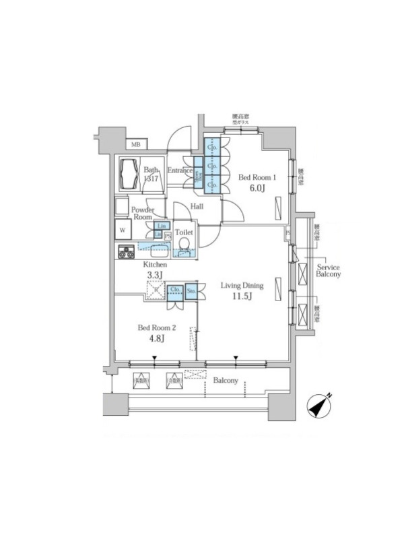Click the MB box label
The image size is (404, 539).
click(135, 144)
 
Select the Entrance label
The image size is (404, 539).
click(180, 171)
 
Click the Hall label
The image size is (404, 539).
click(197, 206)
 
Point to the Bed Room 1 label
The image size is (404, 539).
click(258, 178)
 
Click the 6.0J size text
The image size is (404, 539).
click(258, 189)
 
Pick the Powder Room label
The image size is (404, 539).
click(142, 214)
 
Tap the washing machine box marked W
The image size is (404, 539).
click(123, 230)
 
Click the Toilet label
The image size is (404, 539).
click(184, 232)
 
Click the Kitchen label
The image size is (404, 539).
click(154, 265)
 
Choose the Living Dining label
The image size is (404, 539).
click(242, 286)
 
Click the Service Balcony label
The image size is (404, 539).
click(329, 269)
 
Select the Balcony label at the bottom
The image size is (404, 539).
click(226, 381)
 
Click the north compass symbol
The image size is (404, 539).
click(319, 406)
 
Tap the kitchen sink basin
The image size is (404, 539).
click(160, 252)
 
